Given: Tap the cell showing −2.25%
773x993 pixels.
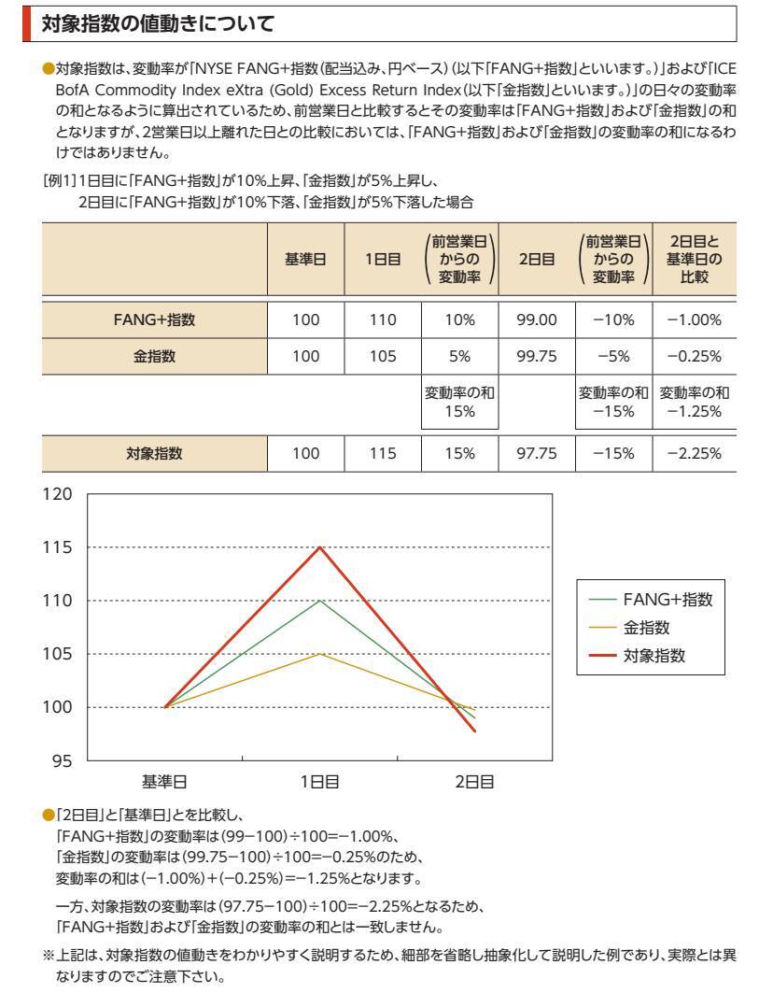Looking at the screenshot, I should [x=694, y=455].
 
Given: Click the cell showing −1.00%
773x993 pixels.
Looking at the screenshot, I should [x=694, y=319].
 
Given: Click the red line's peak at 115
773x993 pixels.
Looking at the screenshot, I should [x=320, y=547].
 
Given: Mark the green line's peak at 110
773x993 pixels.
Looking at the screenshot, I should [x=320, y=601].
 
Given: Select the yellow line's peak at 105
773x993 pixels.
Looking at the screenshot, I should [x=320, y=654].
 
